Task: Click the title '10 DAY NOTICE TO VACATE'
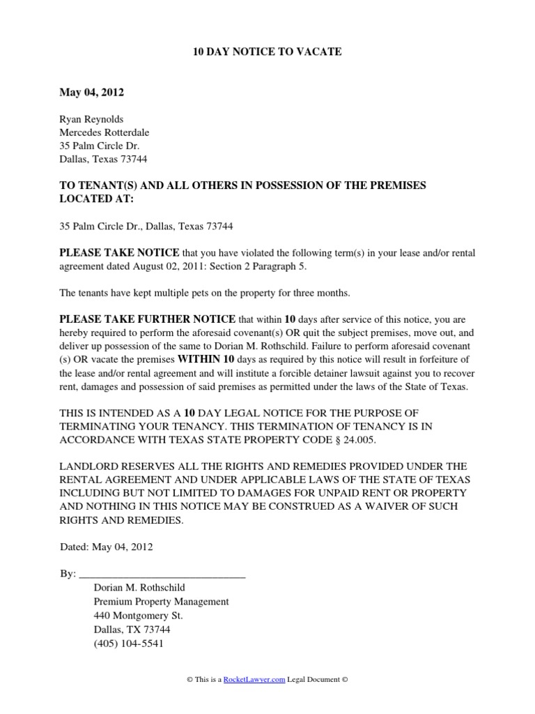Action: pos(267,52)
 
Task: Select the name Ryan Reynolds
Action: pos(91,119)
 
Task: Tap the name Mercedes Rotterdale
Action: pos(104,132)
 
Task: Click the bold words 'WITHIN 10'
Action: pos(207,359)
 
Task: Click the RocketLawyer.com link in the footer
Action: pos(254,680)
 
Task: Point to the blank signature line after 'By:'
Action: pos(162,575)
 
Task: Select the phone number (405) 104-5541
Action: pos(128,644)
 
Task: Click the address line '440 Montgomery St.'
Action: pos(138,616)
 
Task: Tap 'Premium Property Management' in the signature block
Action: pos(161,602)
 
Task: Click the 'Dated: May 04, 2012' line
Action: pos(107,547)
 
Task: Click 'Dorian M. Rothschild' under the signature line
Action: pos(139,588)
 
